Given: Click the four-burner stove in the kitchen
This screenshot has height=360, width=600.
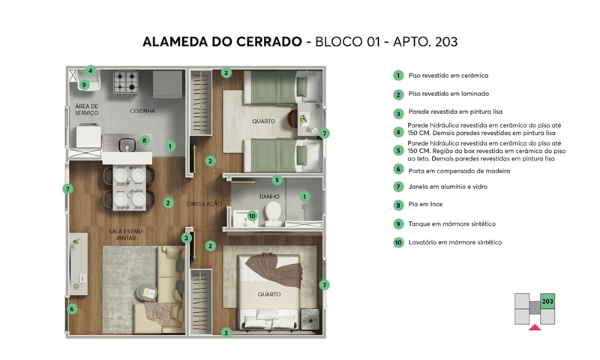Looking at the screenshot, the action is tap(126, 82).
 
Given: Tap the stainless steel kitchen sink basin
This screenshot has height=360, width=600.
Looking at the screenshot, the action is tap(126, 145).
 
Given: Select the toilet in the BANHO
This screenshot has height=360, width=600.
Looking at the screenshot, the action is tap(273, 214).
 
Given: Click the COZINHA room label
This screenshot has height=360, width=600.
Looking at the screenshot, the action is tap(142, 111).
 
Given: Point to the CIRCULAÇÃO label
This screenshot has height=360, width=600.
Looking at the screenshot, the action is tap(204, 204).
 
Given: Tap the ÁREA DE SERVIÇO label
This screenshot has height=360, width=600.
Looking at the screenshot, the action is tap(86, 109).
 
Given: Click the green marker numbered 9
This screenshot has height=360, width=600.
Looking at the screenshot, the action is tap(84, 85).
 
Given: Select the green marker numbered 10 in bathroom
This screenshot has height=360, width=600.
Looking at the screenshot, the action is tap(252, 216).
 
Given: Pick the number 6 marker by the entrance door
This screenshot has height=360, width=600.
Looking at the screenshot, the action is tap(71, 309).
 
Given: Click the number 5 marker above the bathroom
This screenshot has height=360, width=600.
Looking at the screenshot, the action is tap(277, 180).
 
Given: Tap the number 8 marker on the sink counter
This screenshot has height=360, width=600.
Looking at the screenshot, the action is tap(144, 140).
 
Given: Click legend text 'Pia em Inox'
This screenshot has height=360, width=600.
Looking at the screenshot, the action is tap(425, 204).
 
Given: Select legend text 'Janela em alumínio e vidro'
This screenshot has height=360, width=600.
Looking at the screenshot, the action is tap(448, 187).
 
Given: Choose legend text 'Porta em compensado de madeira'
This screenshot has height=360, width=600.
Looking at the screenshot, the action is tap(459, 171).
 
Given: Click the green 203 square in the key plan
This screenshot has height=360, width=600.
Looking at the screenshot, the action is tap(547, 301).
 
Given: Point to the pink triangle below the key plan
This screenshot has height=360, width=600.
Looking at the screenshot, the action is tap(535, 327).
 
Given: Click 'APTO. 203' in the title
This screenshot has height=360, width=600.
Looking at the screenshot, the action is tap(425, 42).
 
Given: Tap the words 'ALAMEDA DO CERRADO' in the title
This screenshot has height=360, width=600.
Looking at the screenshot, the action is tap(222, 42).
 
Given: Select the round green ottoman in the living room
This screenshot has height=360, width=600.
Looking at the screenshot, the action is tap(146, 293).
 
